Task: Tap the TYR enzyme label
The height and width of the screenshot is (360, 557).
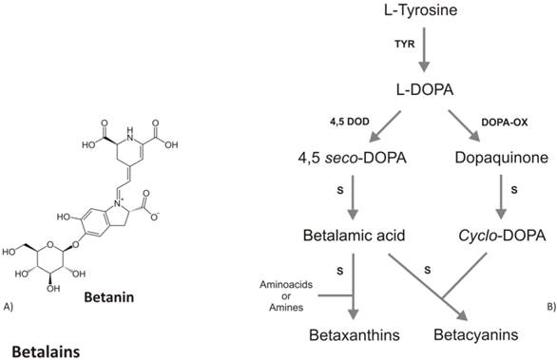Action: [x=404, y=45]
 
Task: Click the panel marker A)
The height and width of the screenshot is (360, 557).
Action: [x=10, y=305]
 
